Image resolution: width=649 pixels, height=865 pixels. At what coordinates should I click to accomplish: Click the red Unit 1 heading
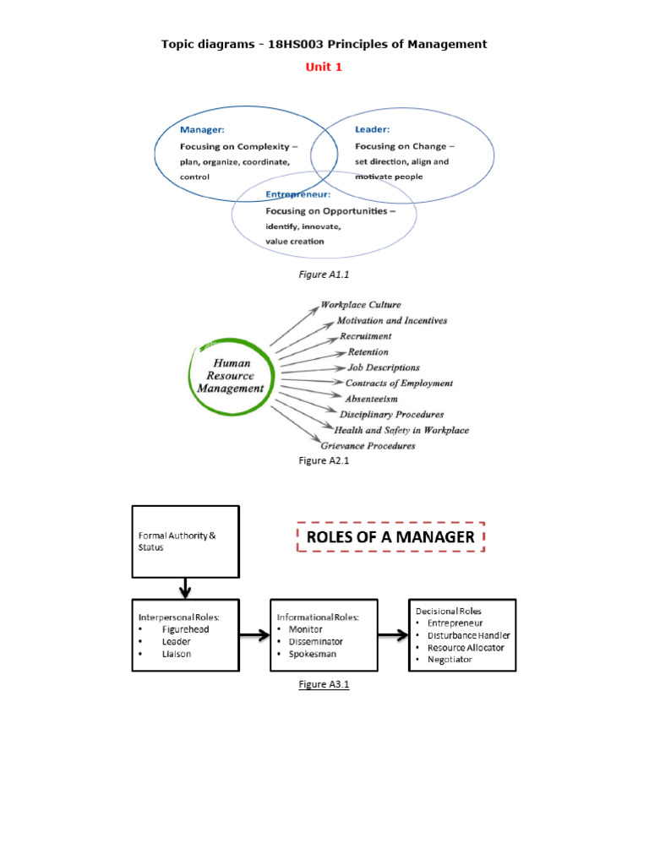pyautogui.click(x=324, y=67)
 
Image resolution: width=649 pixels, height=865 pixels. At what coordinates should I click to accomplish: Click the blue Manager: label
pyautogui.click(x=201, y=129)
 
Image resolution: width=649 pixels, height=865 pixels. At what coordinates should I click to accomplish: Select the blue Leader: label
pyautogui.click(x=372, y=129)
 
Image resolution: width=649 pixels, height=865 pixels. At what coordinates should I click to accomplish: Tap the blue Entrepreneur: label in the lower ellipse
pyautogui.click(x=298, y=194)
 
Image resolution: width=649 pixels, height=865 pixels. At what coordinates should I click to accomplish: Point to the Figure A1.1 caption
pyautogui.click(x=324, y=274)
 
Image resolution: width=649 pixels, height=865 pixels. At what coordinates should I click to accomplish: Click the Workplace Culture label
pyautogui.click(x=361, y=305)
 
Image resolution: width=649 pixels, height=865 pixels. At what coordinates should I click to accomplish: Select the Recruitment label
pyautogui.click(x=365, y=336)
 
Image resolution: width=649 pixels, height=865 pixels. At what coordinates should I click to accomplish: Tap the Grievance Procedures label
pyautogui.click(x=368, y=446)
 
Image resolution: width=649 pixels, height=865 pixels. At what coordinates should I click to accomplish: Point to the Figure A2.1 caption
pyautogui.click(x=324, y=461)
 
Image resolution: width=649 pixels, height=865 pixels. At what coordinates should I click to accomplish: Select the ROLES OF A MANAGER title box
pyautogui.click(x=390, y=537)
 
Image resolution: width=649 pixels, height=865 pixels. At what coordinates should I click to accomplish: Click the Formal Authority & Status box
pyautogui.click(x=185, y=541)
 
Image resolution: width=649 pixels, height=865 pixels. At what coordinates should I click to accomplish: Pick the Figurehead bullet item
pyautogui.click(x=187, y=629)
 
